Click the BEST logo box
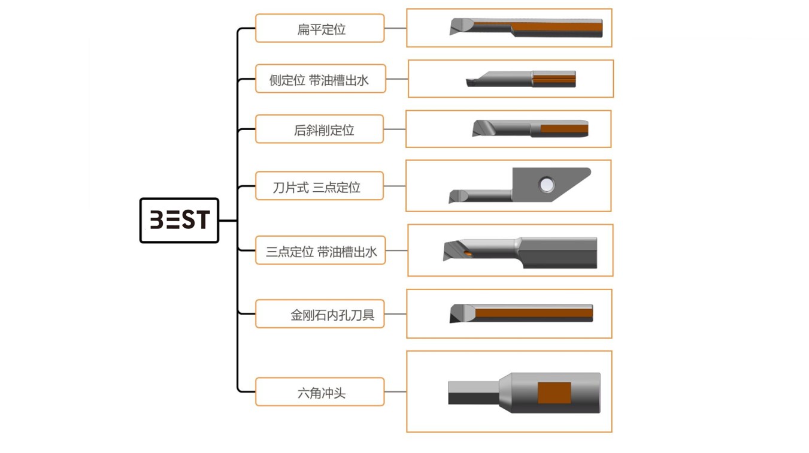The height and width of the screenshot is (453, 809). tap(179, 220)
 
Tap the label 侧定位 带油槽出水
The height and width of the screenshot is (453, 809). tap(320, 80)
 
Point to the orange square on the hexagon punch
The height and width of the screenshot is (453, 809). tap(554, 392)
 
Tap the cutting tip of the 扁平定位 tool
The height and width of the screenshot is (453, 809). tap(457, 28)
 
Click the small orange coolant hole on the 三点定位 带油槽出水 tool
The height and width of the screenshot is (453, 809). tap(469, 253)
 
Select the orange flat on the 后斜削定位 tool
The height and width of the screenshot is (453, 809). tap(563, 128)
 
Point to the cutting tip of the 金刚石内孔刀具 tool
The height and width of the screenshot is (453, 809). tap(458, 313)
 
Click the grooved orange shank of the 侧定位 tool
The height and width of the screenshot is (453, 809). tap(554, 78)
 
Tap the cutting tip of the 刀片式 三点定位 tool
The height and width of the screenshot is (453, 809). tap(456, 197)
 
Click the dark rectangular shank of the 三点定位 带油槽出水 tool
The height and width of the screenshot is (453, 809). tap(560, 252)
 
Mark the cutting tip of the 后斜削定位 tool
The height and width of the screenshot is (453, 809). tap(480, 129)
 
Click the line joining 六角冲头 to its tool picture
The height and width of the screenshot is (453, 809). tap(395, 392)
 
